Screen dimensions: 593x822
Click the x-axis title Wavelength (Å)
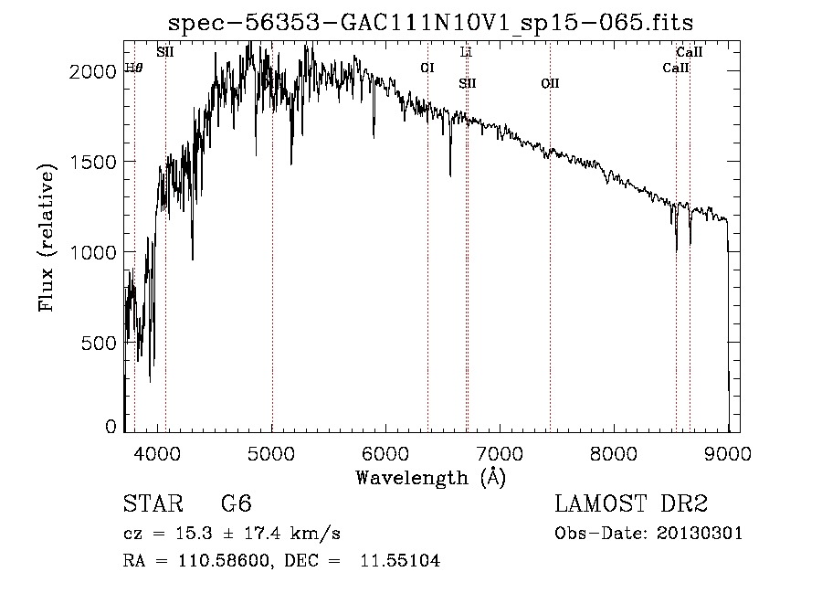tap(430, 477)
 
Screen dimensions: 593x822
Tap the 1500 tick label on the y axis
tap(92, 162)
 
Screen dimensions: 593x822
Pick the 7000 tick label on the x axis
tap(500, 451)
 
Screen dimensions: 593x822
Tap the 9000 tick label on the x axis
tap(728, 451)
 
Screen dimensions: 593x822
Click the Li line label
tap(466, 52)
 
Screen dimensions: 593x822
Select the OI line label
tap(427, 68)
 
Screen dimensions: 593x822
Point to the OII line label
tap(550, 84)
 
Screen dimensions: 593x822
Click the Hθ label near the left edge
tap(133, 68)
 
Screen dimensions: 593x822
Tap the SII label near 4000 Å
tap(165, 52)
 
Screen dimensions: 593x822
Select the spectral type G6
tap(236, 505)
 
